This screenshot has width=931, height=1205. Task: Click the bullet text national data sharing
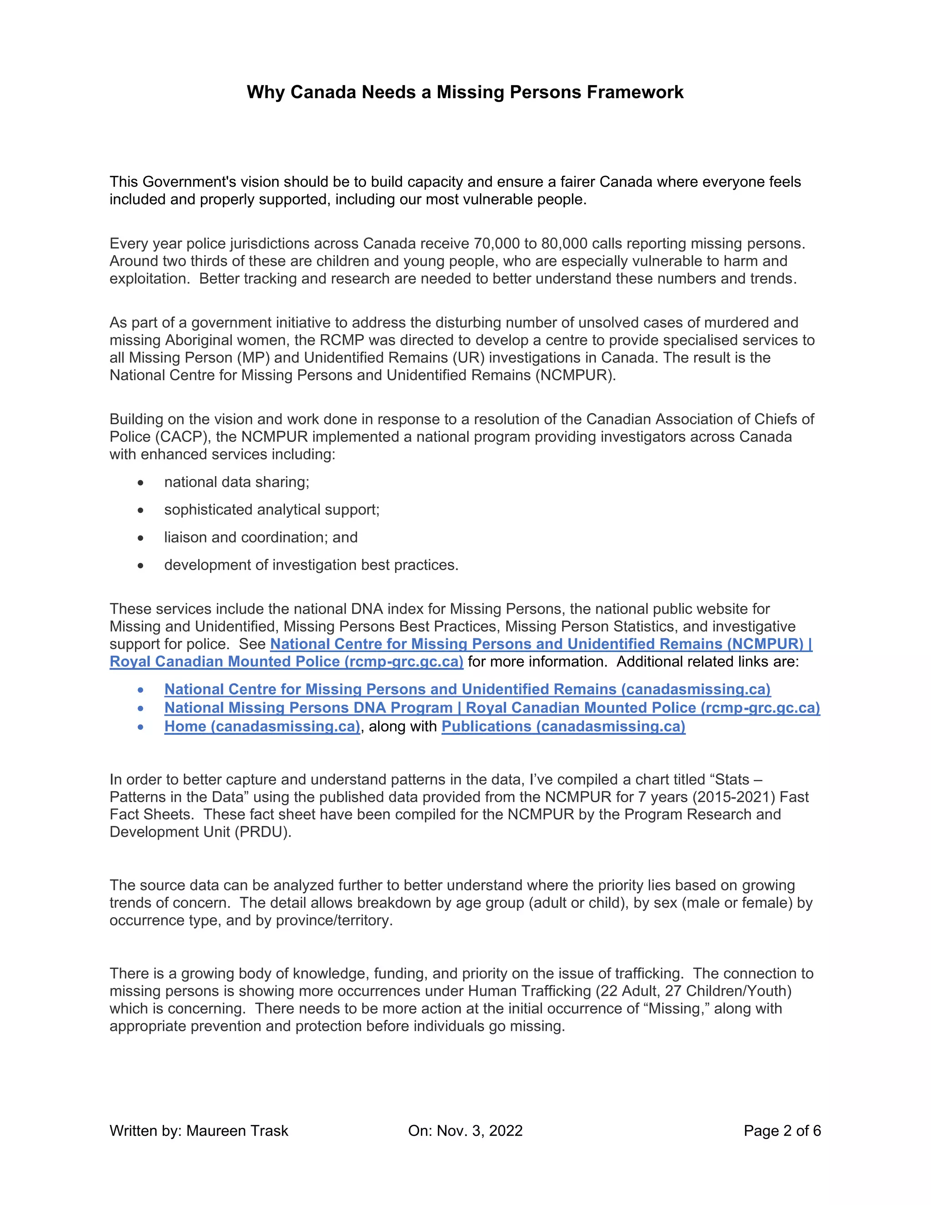coord(236,482)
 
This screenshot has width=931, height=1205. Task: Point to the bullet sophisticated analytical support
coord(272,510)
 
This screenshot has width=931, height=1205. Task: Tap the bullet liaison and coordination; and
coord(261,537)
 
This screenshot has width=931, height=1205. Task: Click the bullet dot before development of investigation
coord(140,566)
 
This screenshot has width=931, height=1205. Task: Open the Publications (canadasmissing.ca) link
coord(563,726)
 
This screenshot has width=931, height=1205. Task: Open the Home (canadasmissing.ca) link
coord(262,726)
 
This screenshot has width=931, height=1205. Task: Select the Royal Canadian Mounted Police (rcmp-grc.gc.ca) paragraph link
coord(286,662)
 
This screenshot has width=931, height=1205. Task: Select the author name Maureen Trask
coord(237,1130)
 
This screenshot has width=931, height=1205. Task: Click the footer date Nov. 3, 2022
coord(479,1130)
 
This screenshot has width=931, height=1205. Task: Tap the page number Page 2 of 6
coord(781,1130)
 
